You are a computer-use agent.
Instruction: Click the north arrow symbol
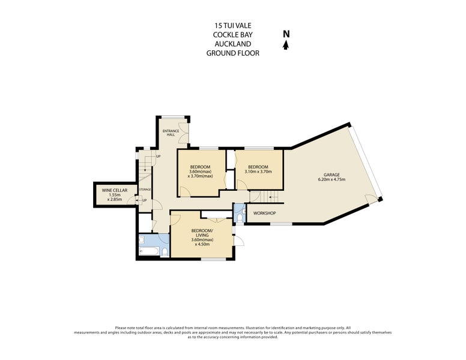point(286,45)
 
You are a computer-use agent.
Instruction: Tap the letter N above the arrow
point(286,34)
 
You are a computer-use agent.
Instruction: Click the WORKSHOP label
point(264,214)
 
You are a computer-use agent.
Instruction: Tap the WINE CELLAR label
point(111,190)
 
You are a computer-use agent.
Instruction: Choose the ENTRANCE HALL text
point(171,133)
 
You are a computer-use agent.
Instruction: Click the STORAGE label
point(145,190)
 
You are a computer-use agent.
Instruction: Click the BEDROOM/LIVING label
point(202,233)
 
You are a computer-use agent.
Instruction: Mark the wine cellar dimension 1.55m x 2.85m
point(111,197)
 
